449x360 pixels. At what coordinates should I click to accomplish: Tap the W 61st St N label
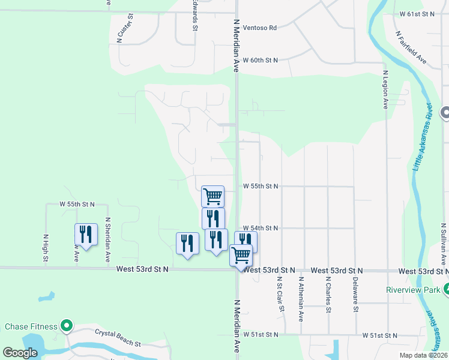point(417,13)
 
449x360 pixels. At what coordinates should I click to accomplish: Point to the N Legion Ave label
point(385,89)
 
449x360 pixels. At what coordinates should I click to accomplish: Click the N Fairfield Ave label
point(411,47)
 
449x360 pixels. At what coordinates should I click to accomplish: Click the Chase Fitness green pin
point(67,327)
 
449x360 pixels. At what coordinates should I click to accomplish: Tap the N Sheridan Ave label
point(107,239)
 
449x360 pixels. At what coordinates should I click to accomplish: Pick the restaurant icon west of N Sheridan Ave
point(86,235)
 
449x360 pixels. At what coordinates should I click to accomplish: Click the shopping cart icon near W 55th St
point(212,196)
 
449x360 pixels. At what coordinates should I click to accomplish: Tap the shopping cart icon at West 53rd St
point(241,255)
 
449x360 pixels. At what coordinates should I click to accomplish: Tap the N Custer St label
point(120,29)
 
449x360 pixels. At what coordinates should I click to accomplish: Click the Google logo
point(20,353)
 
